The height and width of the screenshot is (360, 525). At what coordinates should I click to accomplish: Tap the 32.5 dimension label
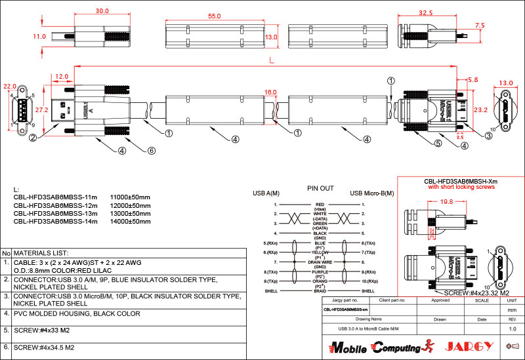pyautogui.click(x=426, y=12)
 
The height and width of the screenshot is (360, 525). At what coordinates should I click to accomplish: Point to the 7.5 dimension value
pyautogui.click(x=480, y=25)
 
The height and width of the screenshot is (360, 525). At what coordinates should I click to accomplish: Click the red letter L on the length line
pyautogui.click(x=272, y=61)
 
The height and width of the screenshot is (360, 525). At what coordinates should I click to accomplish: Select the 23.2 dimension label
pyautogui.click(x=480, y=110)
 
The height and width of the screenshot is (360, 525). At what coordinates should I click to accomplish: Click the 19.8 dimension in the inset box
pyautogui.click(x=429, y=202)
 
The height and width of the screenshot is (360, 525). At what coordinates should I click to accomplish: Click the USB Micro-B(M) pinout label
pyautogui.click(x=372, y=193)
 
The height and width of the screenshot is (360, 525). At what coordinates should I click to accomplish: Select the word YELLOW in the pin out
pyautogui.click(x=320, y=252)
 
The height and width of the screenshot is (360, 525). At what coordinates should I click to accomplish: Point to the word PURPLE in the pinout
pyautogui.click(x=320, y=271)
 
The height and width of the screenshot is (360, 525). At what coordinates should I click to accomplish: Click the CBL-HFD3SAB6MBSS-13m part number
pyautogui.click(x=55, y=214)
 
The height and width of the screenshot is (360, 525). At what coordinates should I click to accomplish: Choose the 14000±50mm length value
pyautogui.click(x=130, y=222)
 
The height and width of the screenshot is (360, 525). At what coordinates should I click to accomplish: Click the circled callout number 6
pyautogui.click(x=152, y=150)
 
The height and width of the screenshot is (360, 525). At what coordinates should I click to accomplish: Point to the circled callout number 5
pyautogui.click(x=436, y=143)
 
